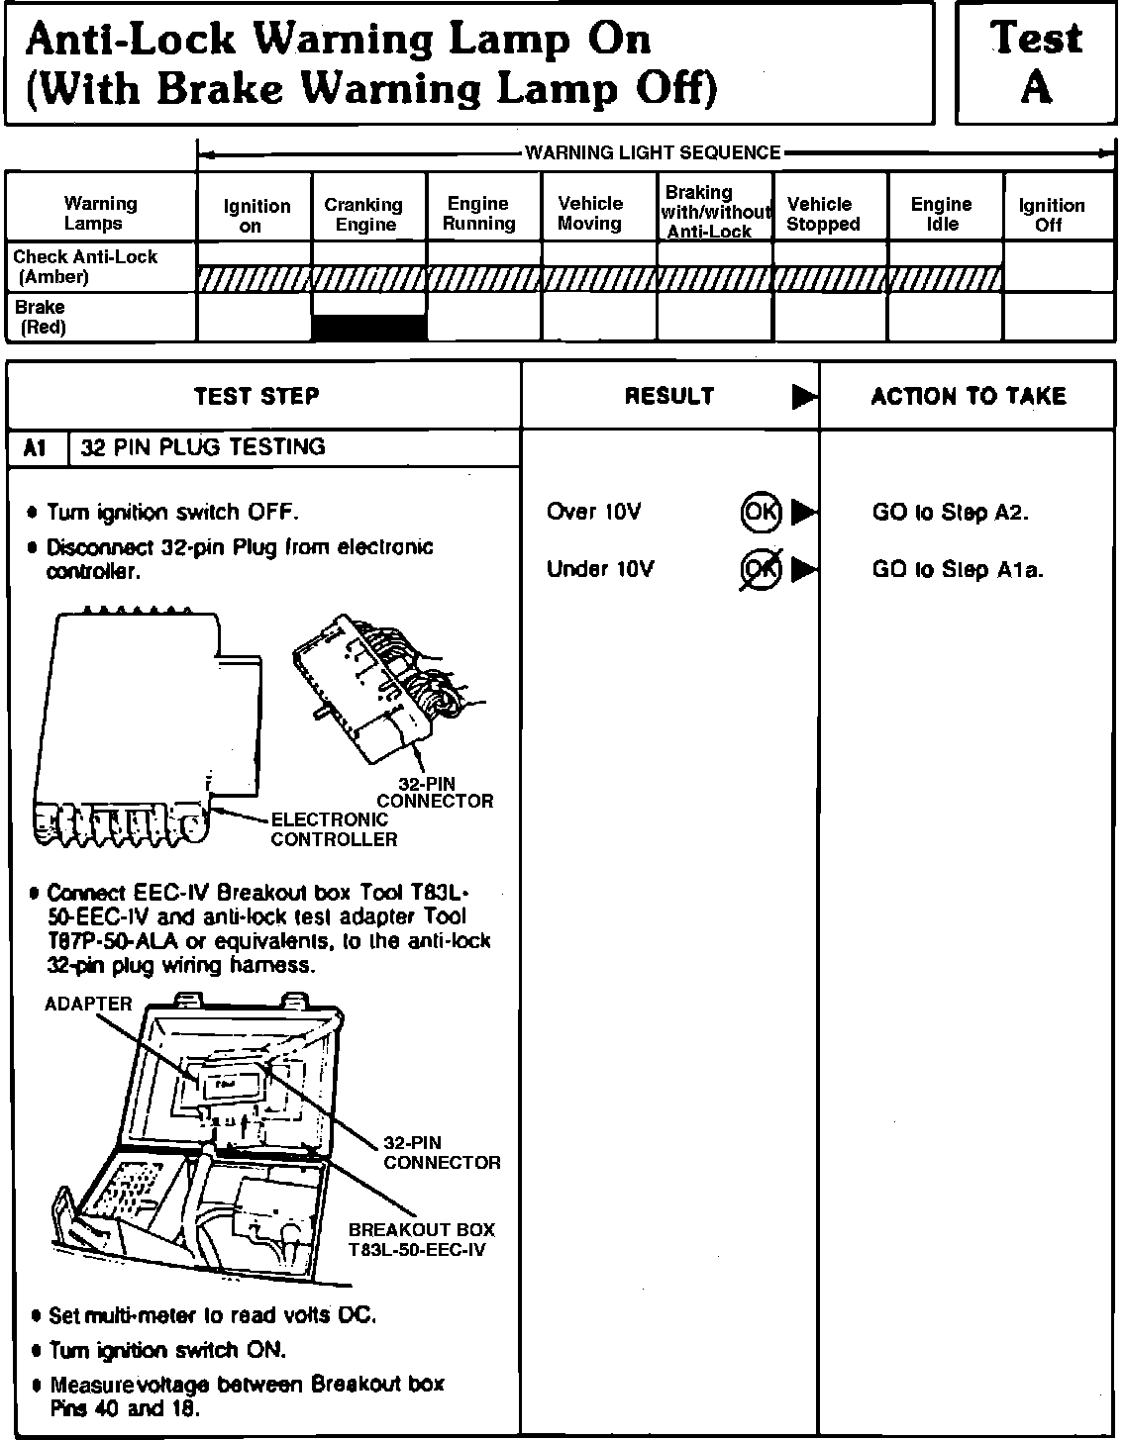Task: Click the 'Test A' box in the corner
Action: [1037, 63]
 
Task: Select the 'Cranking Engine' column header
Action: [364, 215]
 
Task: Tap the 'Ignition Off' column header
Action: [1051, 215]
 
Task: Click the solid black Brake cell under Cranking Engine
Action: [369, 328]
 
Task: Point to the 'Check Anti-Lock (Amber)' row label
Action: [85, 267]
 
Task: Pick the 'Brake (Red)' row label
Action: [41, 317]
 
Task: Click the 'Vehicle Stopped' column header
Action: [822, 215]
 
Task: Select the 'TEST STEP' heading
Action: [256, 397]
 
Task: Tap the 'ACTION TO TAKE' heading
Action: [968, 397]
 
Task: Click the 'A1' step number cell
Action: [35, 447]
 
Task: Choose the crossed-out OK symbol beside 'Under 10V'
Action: [761, 569]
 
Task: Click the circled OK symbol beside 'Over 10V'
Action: [761, 512]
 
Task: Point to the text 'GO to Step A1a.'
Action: [958, 569]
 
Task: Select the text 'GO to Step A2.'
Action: [950, 512]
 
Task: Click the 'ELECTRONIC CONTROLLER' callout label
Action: [334, 829]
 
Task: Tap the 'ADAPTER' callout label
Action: [88, 1004]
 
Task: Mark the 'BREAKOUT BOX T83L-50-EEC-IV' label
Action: [421, 1239]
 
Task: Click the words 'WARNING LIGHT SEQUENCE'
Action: [653, 152]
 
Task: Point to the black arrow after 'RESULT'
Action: [804, 397]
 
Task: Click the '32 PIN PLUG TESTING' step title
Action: [203, 447]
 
